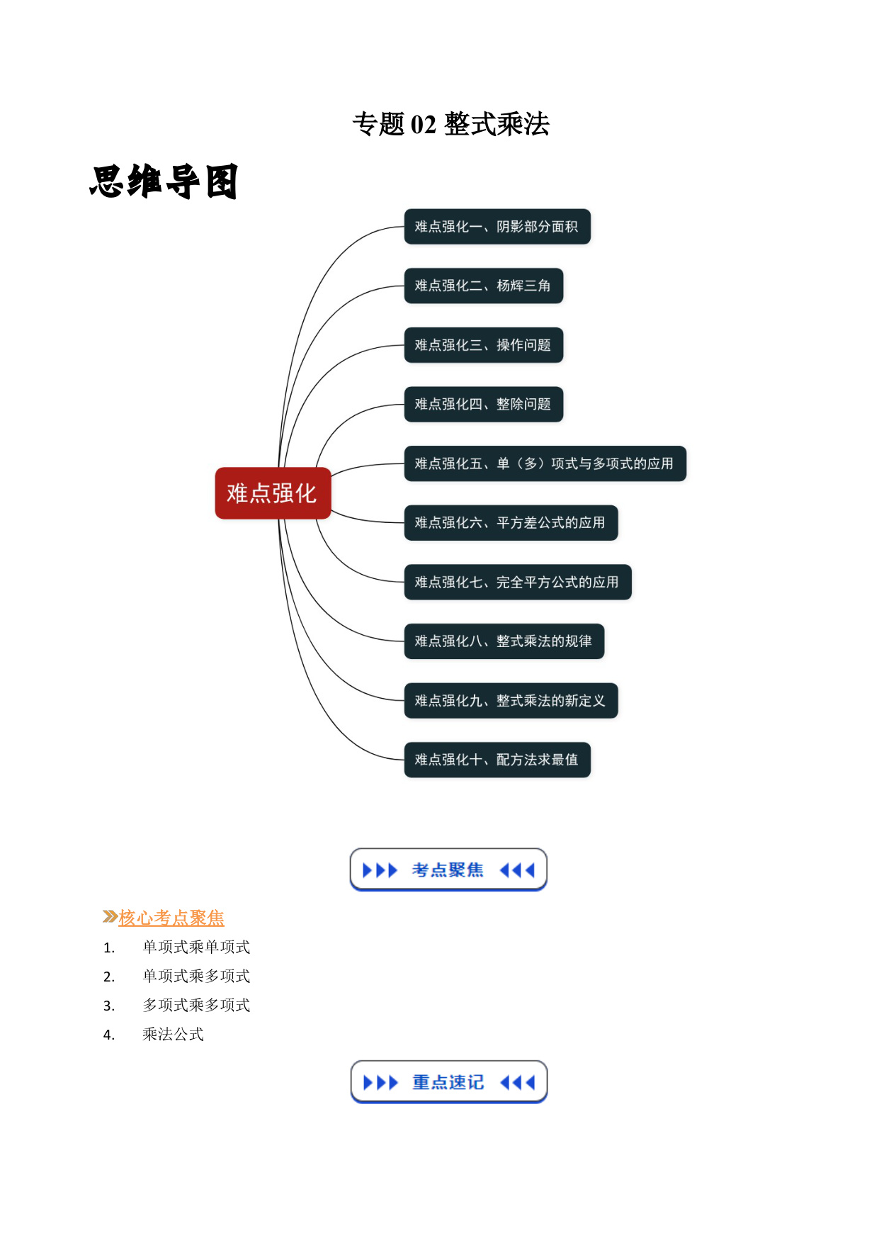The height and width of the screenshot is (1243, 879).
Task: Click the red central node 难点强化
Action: [x=273, y=493]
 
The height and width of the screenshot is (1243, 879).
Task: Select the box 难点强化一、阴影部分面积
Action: [x=497, y=227]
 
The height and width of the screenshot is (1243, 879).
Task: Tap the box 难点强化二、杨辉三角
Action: [x=484, y=286]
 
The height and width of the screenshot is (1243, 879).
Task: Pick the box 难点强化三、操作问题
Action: [x=484, y=345]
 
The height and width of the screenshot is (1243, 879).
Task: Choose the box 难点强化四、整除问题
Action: [x=484, y=404]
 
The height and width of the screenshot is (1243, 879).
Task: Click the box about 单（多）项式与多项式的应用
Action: [x=545, y=463]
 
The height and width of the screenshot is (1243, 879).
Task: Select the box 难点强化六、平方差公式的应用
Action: [x=511, y=523]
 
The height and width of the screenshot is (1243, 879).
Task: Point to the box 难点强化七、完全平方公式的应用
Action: [x=518, y=582]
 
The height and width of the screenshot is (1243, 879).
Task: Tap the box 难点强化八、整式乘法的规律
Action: [x=504, y=641]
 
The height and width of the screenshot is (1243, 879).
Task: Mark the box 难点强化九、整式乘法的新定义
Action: [x=511, y=700]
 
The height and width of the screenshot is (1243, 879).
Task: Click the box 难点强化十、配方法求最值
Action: [x=497, y=760]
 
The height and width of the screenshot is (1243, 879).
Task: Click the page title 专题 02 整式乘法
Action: [x=451, y=124]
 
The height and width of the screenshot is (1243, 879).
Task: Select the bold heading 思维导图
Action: [x=164, y=182]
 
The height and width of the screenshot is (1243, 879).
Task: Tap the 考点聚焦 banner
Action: [x=448, y=870]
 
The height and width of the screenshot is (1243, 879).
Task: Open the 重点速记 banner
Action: [x=449, y=1082]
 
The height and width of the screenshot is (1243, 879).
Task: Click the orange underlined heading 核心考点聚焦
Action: [x=171, y=918]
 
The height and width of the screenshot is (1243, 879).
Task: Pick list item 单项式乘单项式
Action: [x=196, y=947]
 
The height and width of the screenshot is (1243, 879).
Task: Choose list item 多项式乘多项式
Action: [x=196, y=1006]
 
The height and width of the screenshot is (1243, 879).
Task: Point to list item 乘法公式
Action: [x=173, y=1035]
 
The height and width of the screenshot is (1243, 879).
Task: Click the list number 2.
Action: [x=108, y=977]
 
